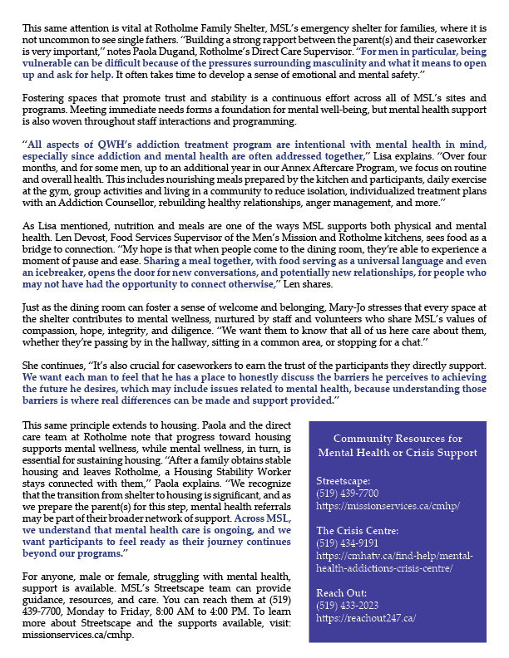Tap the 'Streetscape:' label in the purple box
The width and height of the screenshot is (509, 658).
coord(342,480)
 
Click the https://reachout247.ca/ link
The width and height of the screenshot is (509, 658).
coord(366,618)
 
